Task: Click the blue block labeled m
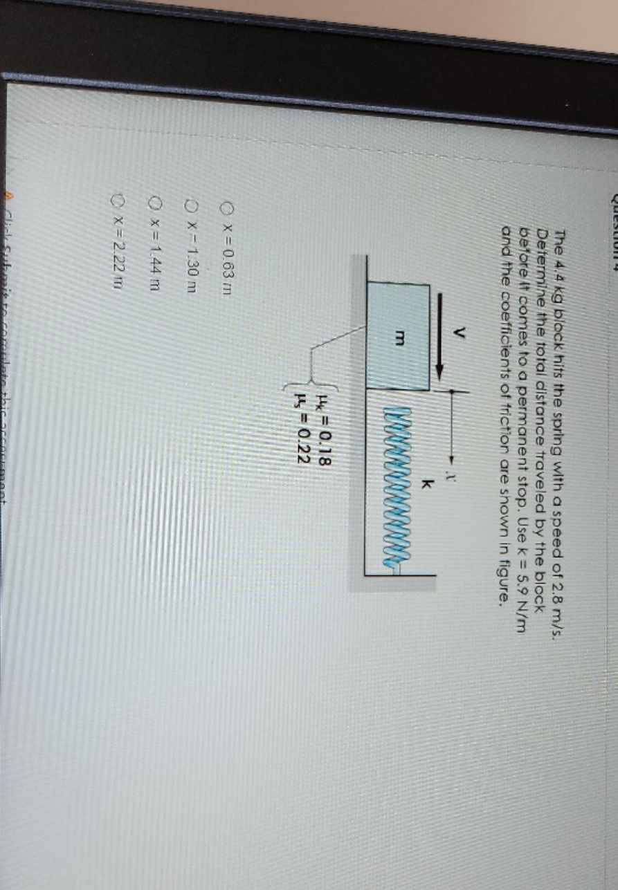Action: point(398,335)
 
